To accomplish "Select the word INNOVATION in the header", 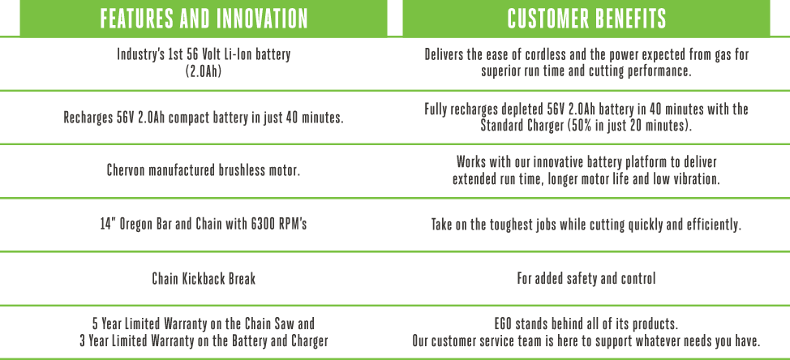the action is (x=262, y=19).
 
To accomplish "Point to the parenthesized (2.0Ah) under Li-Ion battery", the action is (x=204, y=71).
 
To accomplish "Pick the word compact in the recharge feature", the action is (x=187, y=118).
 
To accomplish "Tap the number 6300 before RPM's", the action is (x=264, y=224).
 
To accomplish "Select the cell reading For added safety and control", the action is (x=586, y=278).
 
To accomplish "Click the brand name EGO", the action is (x=504, y=324).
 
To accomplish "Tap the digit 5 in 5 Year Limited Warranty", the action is (x=95, y=324).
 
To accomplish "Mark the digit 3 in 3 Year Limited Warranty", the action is (x=83, y=341).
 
